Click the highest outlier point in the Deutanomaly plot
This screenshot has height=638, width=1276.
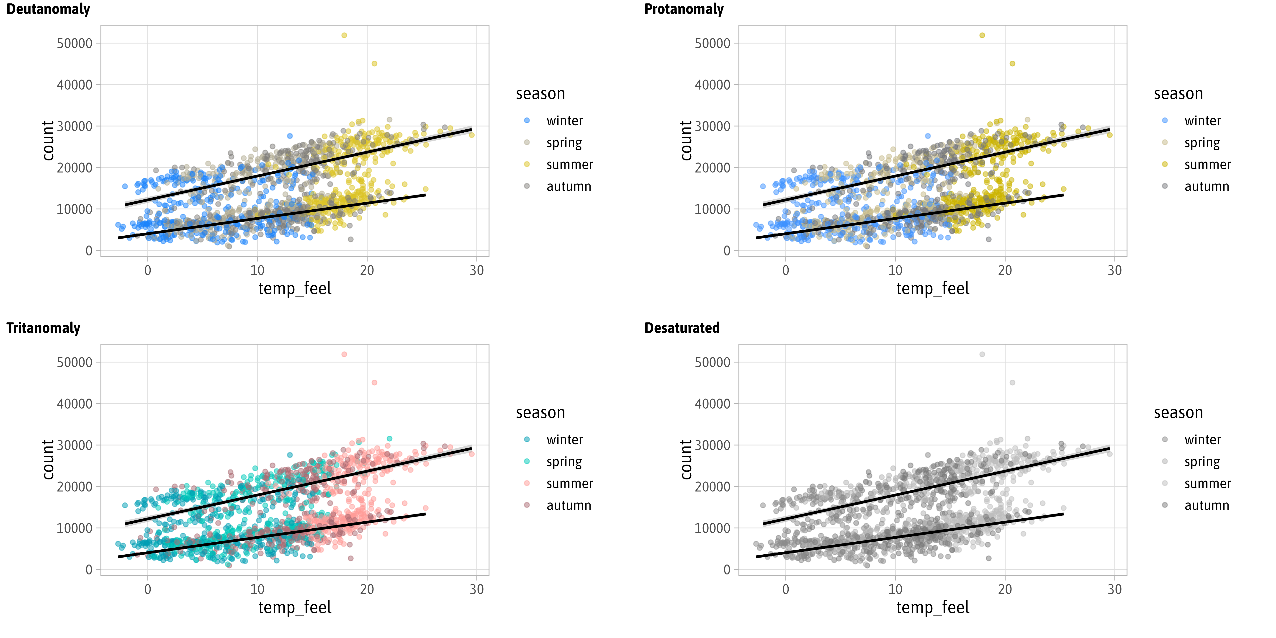pyautogui.click(x=344, y=35)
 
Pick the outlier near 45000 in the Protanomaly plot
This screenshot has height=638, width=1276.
pyautogui.click(x=1012, y=63)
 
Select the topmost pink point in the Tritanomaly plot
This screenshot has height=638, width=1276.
pyautogui.click(x=344, y=354)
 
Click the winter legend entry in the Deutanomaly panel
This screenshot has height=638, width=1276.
pyautogui.click(x=564, y=121)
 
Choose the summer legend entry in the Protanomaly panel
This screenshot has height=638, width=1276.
pyautogui.click(x=1207, y=165)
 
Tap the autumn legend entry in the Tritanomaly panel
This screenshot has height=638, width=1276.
pyautogui.click(x=569, y=505)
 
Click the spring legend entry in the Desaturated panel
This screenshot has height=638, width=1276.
pyautogui.click(x=1202, y=462)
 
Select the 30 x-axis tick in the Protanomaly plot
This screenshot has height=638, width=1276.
pyautogui.click(x=1114, y=270)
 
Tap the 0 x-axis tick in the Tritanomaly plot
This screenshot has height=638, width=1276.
pyautogui.click(x=148, y=589)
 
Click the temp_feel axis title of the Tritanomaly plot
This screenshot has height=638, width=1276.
pyautogui.click(x=295, y=607)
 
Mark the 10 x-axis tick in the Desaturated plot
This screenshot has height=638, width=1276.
pyautogui.click(x=895, y=589)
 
